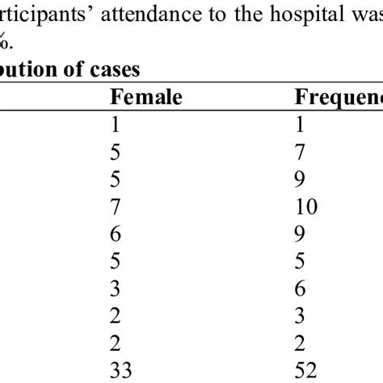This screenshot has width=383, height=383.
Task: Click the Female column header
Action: click(x=145, y=98)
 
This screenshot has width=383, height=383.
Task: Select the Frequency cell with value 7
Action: click(x=298, y=154)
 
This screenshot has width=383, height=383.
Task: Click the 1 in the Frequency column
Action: click(x=298, y=126)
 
